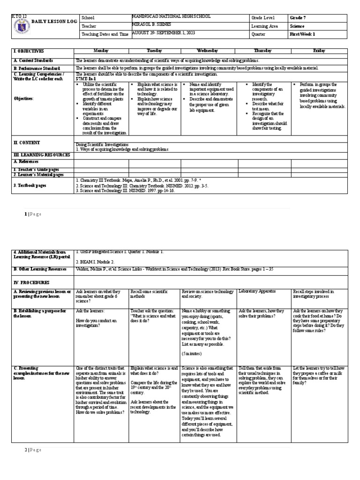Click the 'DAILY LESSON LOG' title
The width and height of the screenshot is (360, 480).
(54, 22)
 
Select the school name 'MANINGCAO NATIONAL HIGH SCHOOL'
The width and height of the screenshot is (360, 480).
(172, 17)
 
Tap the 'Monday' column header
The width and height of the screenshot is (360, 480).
(101, 50)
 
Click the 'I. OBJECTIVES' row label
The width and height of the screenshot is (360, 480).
(29, 50)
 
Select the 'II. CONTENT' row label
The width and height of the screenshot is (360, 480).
(27, 142)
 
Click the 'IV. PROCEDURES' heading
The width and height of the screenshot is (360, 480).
(31, 283)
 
